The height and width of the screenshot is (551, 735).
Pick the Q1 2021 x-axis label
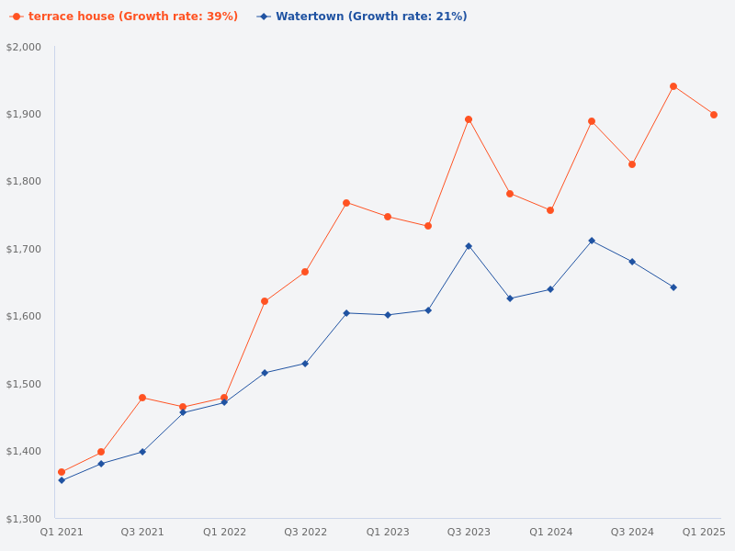point(62,532)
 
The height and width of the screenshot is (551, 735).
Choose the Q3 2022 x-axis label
point(305,532)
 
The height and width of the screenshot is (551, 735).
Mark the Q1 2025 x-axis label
point(704,532)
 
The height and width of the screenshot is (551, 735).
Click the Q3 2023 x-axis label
point(469,532)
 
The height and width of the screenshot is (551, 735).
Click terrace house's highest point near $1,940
point(673,86)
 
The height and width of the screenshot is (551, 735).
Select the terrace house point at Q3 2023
point(469,119)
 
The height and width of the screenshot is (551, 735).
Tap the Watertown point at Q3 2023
point(469,246)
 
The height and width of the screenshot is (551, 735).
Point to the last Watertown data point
point(673,287)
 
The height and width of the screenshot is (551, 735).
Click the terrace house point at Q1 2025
point(714,115)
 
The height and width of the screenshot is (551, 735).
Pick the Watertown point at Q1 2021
point(62,480)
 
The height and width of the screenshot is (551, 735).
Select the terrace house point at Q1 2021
point(62,472)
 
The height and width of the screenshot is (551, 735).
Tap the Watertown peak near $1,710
point(592,241)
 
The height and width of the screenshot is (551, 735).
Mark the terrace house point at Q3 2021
point(142,398)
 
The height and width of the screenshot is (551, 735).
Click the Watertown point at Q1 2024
point(550,289)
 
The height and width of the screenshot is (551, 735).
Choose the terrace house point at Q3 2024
point(632,164)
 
